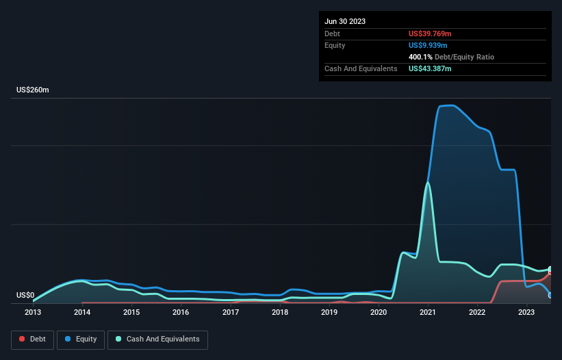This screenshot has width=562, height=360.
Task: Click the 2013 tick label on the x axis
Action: tap(33, 312)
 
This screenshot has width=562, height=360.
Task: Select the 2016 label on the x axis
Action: tap(181, 312)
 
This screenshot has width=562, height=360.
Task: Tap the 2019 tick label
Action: tap(329, 312)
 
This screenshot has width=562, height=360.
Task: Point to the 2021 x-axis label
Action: tap(428, 312)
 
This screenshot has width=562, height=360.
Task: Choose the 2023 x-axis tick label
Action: tap(526, 312)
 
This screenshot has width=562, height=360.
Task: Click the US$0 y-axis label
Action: tap(25, 296)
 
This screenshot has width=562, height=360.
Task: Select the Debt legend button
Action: tap(33, 339)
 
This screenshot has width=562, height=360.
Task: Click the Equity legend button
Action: tap(81, 339)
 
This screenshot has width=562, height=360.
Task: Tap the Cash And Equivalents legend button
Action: tap(157, 339)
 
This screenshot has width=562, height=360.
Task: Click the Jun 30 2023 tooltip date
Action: tap(345, 21)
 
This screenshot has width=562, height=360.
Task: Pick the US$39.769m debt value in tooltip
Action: tap(430, 34)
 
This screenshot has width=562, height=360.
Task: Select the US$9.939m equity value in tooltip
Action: tap(428, 45)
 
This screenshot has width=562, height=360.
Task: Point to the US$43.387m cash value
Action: tap(430, 68)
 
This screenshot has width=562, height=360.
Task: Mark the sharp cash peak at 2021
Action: tap(428, 183)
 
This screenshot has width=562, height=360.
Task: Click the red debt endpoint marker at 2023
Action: tap(550, 271)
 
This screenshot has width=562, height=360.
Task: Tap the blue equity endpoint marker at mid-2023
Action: tap(550, 295)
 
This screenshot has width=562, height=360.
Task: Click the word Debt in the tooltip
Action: tap(333, 34)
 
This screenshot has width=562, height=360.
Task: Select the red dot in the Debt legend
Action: tap(23, 339)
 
